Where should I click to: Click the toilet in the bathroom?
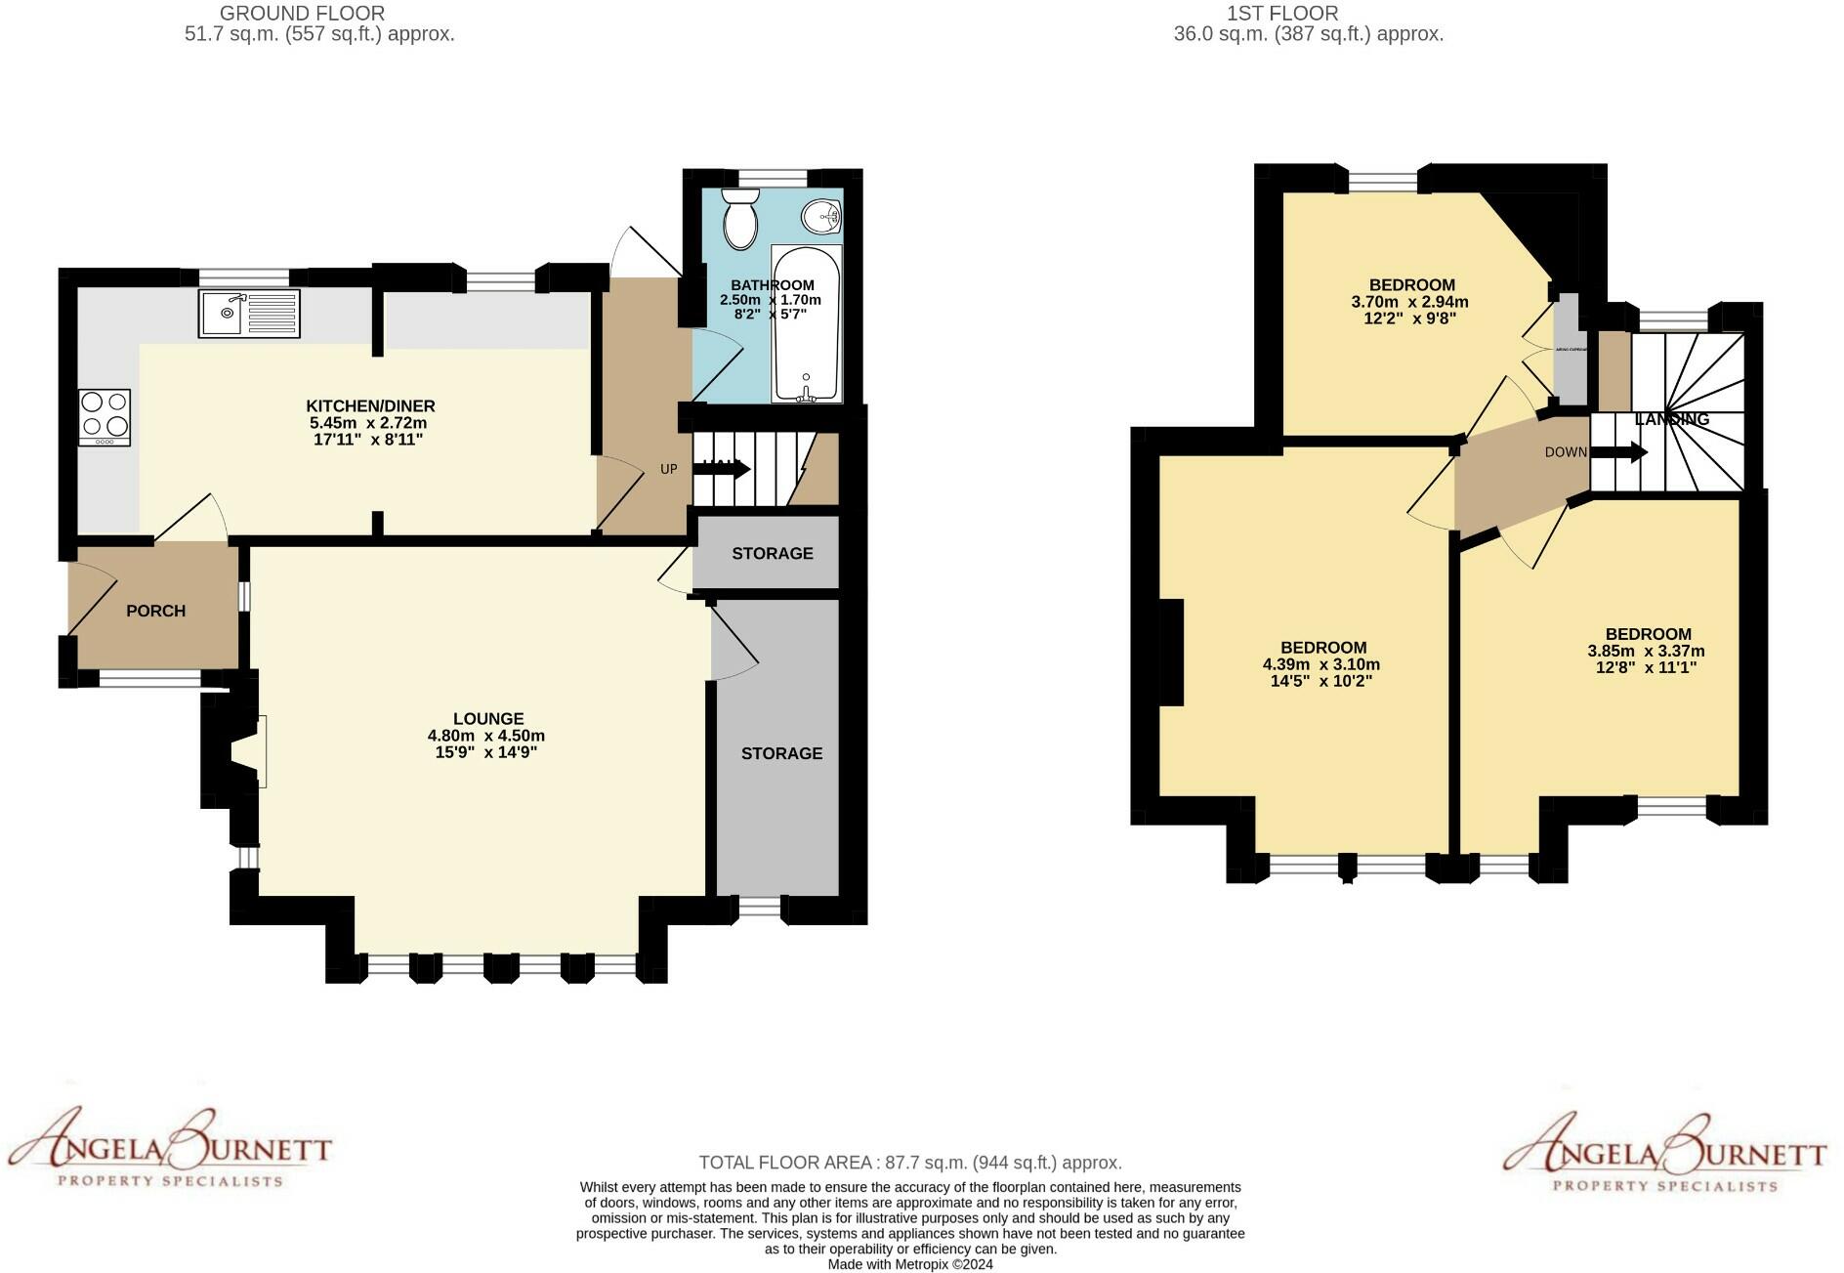740,218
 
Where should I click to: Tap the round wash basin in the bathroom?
820,217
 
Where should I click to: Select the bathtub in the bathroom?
806,324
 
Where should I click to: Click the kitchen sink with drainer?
249,314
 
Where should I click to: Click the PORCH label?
155,611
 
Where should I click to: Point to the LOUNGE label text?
488,718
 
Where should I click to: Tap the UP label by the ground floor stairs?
669,469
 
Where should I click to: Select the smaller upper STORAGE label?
773,553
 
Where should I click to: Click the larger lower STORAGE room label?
781,753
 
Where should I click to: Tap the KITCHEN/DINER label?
370,405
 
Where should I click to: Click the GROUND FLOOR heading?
302,14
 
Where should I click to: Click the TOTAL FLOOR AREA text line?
909,1163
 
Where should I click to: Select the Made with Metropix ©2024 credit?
909,1264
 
